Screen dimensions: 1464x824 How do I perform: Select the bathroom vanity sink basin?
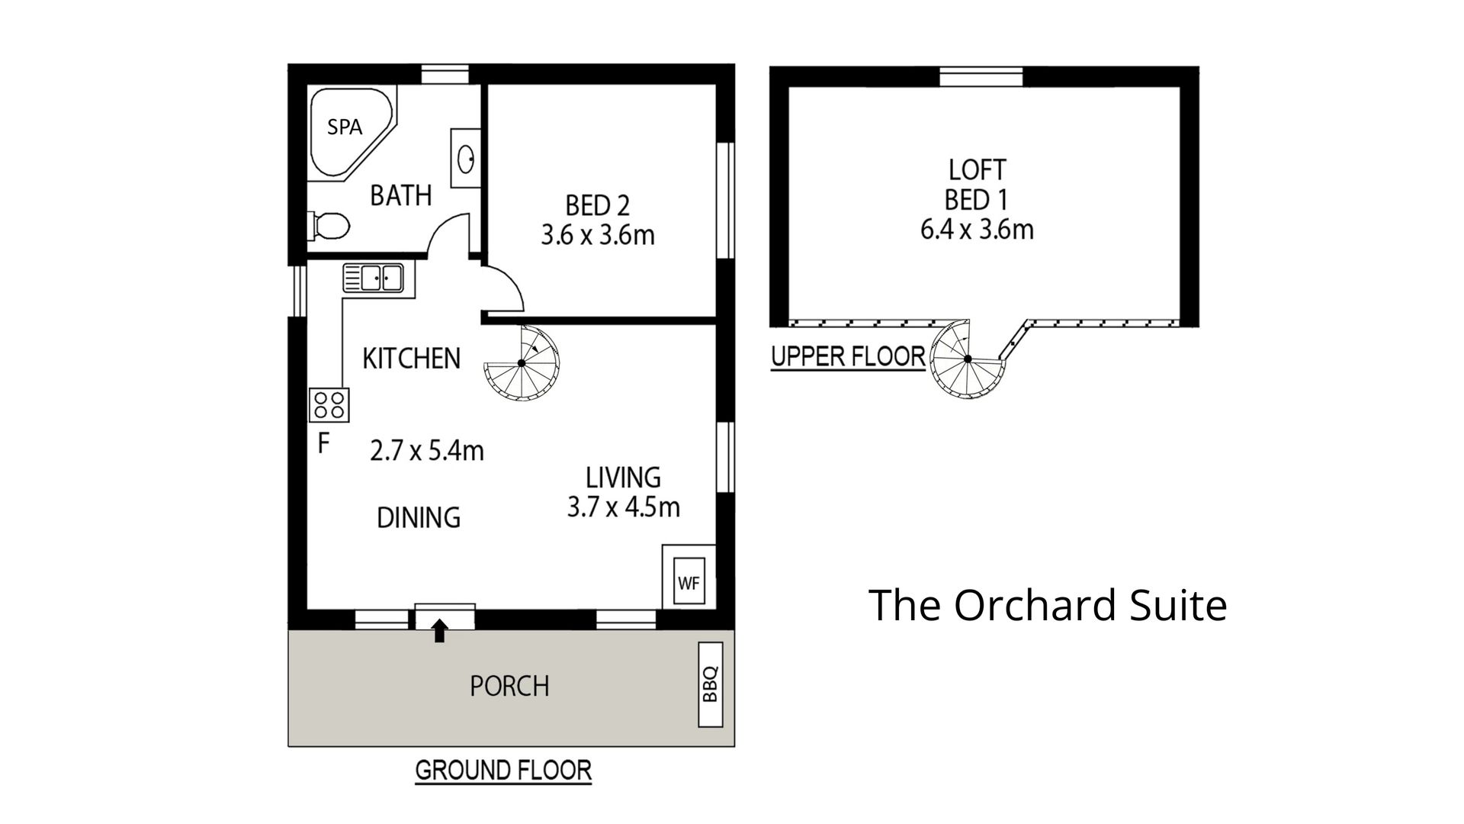click(x=466, y=159)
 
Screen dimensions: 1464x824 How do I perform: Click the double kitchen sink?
click(x=373, y=277)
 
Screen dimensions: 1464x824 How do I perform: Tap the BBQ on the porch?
click(x=711, y=684)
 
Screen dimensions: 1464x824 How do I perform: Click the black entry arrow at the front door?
click(x=439, y=631)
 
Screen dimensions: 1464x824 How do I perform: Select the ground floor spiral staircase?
click(x=522, y=363)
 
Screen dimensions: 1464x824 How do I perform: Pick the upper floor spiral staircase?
click(x=968, y=359)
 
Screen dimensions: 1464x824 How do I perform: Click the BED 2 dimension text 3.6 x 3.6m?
click(x=598, y=235)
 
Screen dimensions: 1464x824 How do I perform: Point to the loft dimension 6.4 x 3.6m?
click(x=977, y=229)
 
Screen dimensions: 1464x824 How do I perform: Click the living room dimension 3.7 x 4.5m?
click(x=623, y=507)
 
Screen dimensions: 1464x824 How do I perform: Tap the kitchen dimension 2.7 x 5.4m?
click(x=426, y=451)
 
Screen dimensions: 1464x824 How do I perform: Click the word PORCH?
click(x=509, y=687)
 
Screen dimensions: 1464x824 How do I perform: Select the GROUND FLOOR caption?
click(x=503, y=771)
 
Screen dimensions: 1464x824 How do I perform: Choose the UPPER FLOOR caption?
click(x=848, y=356)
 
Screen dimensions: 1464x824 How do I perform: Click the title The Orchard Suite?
click(x=1048, y=605)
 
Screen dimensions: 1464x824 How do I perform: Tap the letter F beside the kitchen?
click(x=323, y=444)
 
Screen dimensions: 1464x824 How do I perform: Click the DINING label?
click(x=419, y=518)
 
